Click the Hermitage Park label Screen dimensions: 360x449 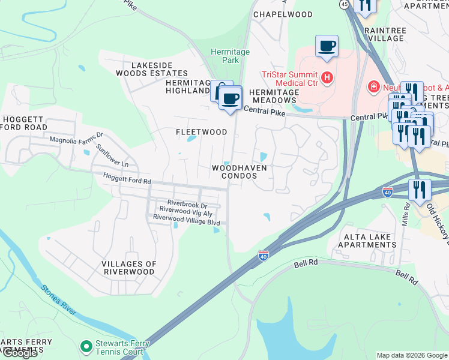(230, 56)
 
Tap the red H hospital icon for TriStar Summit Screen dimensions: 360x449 (327, 77)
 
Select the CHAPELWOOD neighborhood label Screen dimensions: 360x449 (283, 14)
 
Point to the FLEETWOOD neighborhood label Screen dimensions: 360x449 (202, 132)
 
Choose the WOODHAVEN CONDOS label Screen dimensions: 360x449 (239, 172)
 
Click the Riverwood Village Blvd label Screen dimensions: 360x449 (186, 222)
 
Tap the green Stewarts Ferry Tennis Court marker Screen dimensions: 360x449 (86, 346)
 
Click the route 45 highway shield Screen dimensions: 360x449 (344, 4)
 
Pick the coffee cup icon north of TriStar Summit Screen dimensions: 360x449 (327, 46)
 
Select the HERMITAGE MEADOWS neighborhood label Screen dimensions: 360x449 (274, 97)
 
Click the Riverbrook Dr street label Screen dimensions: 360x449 (187, 203)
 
